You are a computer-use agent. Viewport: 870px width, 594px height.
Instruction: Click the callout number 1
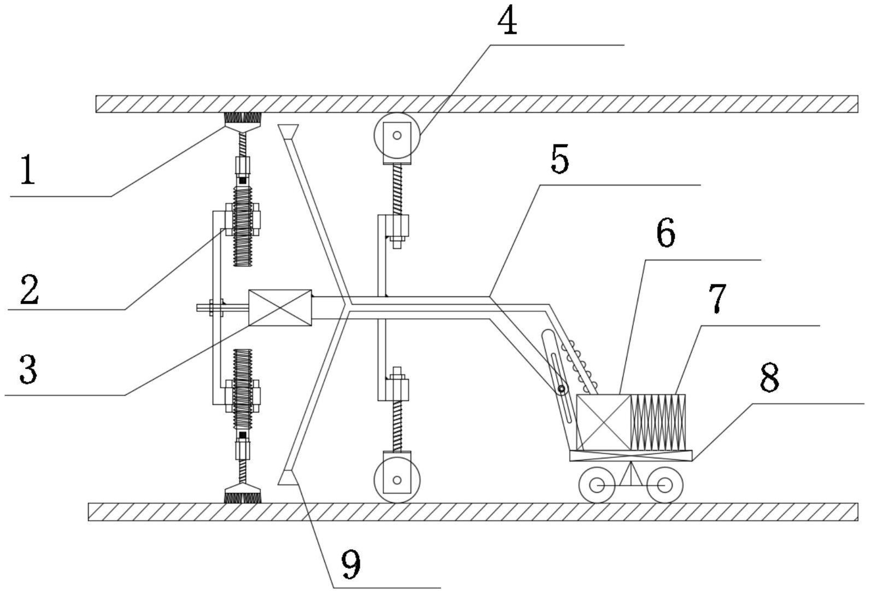(x=27, y=170)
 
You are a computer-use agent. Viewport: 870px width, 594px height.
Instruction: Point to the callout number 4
(x=507, y=20)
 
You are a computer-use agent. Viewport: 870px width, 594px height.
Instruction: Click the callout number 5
(x=559, y=159)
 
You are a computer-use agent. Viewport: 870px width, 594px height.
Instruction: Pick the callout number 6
(x=665, y=232)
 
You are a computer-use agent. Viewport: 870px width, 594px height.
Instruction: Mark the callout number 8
(x=769, y=377)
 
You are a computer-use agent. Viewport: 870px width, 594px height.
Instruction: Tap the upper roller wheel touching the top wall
(x=397, y=136)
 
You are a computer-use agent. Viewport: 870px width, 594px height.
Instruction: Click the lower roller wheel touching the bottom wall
(x=397, y=480)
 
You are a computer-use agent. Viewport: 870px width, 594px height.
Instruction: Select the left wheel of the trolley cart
(x=597, y=485)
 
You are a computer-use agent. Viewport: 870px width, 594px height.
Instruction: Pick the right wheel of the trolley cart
(x=665, y=485)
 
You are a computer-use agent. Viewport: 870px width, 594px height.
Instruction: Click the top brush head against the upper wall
(x=243, y=123)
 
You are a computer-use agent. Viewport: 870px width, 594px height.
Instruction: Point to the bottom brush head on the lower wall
(x=243, y=493)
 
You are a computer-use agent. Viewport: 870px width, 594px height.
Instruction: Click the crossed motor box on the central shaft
(x=280, y=308)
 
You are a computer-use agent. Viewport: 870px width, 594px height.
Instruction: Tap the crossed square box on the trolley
(x=604, y=422)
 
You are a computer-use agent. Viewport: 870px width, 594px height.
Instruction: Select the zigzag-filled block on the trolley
(x=658, y=422)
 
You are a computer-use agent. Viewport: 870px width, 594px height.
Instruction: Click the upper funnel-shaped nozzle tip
(x=288, y=132)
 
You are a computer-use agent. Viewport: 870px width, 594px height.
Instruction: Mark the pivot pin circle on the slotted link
(x=561, y=388)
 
